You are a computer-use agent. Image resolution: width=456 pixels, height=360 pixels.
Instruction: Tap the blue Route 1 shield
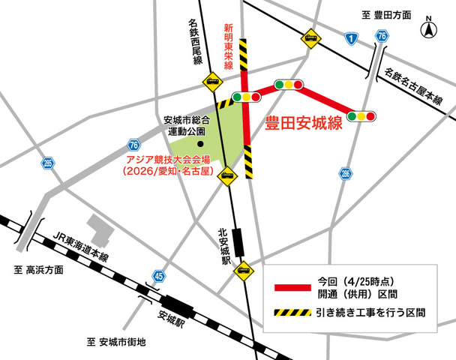click(x=350, y=37)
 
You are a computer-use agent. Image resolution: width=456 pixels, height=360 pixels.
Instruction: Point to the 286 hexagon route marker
click(x=345, y=173)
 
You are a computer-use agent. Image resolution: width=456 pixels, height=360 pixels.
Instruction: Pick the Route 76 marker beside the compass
click(x=382, y=36)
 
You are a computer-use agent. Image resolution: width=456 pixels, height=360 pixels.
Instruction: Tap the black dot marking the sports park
click(x=200, y=144)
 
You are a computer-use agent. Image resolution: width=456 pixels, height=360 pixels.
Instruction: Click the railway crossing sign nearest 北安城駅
click(x=243, y=271)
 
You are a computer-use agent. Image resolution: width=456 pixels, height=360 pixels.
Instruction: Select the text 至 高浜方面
click(x=38, y=269)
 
